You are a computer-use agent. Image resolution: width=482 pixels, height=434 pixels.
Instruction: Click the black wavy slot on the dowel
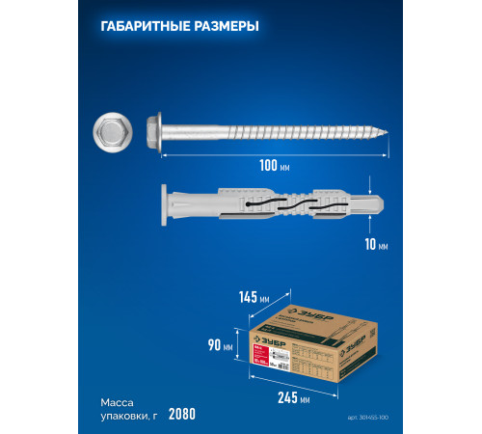coord(289,204)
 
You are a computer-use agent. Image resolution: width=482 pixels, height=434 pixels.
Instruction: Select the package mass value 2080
coord(181,414)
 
